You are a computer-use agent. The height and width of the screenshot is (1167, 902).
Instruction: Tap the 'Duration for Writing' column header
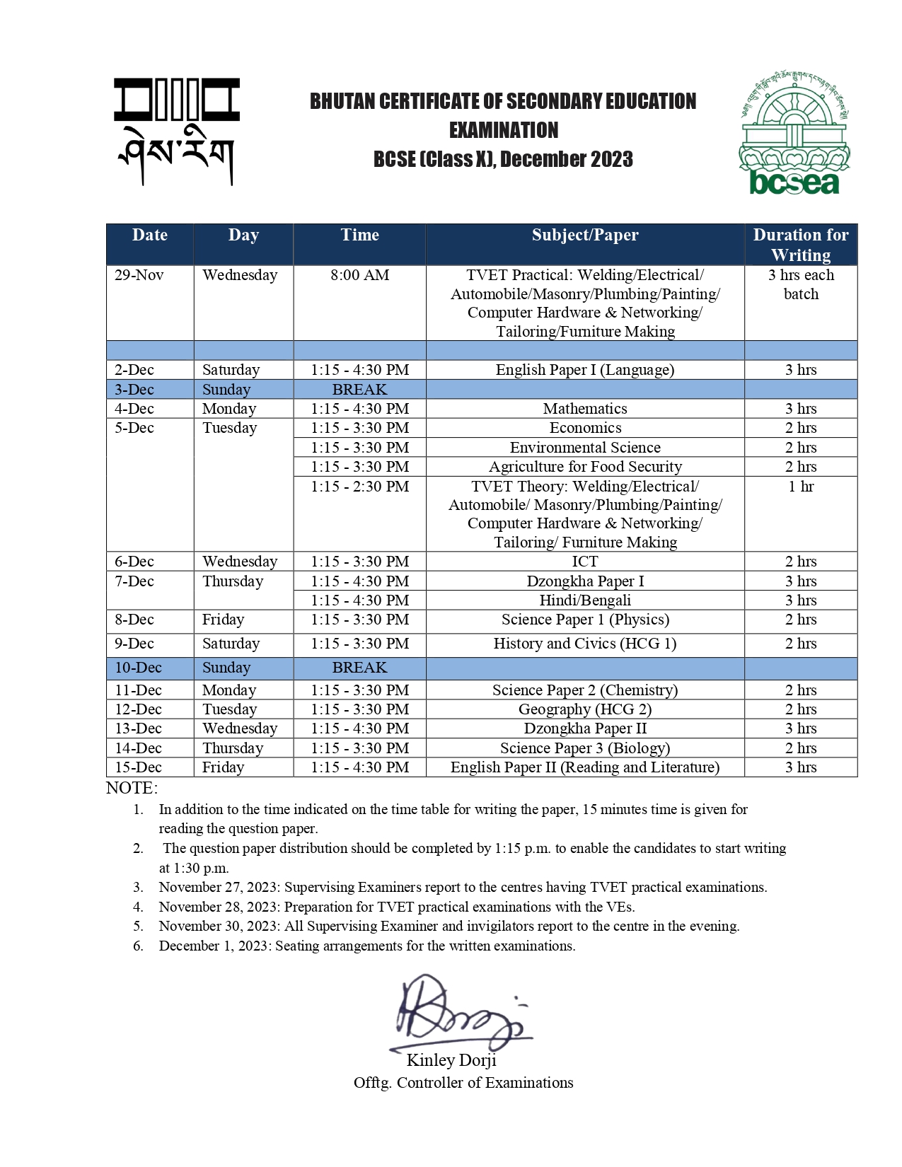(x=800, y=245)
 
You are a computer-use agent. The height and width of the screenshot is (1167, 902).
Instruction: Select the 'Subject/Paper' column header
(x=584, y=236)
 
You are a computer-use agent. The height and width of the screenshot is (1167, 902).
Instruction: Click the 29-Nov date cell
(x=139, y=275)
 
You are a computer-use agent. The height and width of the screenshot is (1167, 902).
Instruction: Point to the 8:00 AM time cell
(x=359, y=275)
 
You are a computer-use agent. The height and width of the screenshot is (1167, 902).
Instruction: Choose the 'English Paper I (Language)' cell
(x=584, y=370)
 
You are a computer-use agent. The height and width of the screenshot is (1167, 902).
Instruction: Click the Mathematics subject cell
(x=584, y=409)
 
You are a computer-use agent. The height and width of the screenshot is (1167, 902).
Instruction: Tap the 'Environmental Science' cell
(x=584, y=448)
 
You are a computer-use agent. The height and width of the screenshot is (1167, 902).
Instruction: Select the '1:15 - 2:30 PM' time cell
(x=359, y=487)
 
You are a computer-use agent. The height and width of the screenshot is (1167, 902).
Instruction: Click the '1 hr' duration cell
(x=800, y=487)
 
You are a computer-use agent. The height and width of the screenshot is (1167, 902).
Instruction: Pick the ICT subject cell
(x=584, y=562)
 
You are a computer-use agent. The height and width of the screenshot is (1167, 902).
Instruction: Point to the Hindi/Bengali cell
(x=584, y=600)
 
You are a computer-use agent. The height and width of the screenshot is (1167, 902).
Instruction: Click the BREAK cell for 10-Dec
(x=359, y=668)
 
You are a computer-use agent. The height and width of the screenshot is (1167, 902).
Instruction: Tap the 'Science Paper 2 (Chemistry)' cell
(x=584, y=690)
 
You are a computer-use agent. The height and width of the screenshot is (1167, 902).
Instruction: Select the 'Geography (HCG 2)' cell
(x=584, y=709)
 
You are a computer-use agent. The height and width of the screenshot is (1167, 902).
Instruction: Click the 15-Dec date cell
(x=139, y=767)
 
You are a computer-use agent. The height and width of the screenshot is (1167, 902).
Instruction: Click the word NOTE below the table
(x=132, y=788)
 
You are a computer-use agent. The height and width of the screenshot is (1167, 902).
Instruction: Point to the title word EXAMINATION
(x=503, y=130)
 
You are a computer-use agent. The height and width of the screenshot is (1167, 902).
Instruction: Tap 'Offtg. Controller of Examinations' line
(x=463, y=1083)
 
